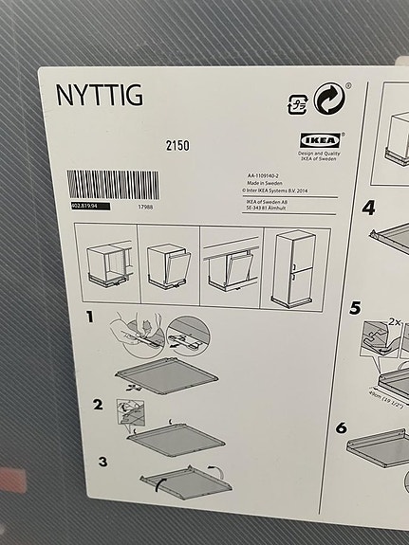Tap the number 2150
177,145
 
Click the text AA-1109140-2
266,176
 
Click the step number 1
92,317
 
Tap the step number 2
97,405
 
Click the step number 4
368,208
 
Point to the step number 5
355,307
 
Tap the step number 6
341,427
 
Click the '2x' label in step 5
392,322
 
